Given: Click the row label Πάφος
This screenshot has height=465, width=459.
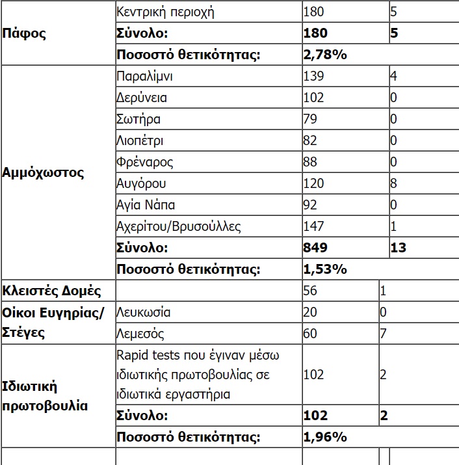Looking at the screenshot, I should (x=24, y=33).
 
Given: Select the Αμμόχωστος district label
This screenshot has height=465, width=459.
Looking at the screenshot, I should (x=43, y=173).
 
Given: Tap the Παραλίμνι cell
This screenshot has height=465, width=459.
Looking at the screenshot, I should (x=144, y=76).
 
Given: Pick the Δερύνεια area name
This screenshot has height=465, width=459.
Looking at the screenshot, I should (x=141, y=98).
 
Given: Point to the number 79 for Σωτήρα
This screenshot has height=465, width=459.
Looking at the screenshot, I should (x=311, y=119).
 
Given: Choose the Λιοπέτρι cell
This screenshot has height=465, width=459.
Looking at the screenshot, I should (x=140, y=140).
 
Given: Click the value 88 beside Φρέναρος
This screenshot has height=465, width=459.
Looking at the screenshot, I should (x=311, y=162).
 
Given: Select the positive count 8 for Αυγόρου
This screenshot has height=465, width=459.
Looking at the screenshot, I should (x=393, y=183).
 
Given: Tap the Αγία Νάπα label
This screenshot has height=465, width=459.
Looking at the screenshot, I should (x=145, y=205).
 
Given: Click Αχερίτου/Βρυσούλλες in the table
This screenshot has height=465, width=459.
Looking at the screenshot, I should (x=179, y=226).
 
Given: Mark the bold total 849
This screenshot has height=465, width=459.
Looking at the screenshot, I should (x=315, y=248).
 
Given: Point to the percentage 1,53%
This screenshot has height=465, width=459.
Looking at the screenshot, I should (x=325, y=269).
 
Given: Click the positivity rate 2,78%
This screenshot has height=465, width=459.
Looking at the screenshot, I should (x=325, y=54).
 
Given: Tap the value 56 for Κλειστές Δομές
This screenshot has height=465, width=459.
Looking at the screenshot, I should (x=311, y=290).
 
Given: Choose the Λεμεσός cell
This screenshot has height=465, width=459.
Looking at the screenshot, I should (x=140, y=334).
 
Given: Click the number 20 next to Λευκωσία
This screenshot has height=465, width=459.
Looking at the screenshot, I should (x=311, y=312).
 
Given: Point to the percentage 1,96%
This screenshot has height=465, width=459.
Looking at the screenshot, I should (x=325, y=436).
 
